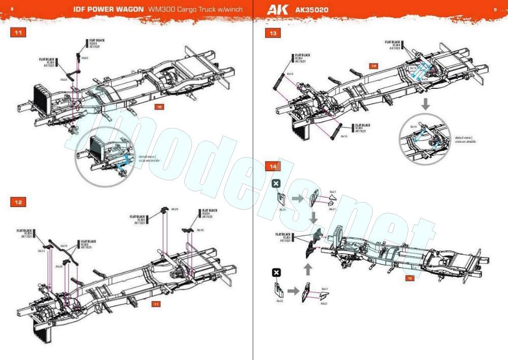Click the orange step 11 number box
tap(18, 33)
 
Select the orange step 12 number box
tap(18, 202)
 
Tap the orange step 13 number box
tap(273, 33)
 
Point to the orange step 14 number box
tap(273, 167)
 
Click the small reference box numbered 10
tap(160, 107)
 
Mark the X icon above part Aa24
tap(276, 183)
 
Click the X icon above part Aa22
tap(276, 273)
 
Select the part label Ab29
tap(175, 209)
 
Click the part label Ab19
tap(64, 246)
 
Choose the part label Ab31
tap(42, 250)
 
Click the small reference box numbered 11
tap(157, 304)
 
